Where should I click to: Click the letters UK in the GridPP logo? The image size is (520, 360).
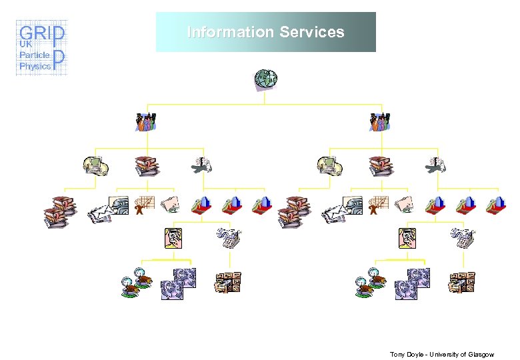(x=26, y=44)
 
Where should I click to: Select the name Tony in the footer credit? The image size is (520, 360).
(x=398, y=354)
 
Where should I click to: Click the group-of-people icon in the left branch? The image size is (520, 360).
(x=146, y=122)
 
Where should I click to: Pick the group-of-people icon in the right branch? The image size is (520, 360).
(x=379, y=122)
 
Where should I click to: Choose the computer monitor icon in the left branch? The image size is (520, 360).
(x=95, y=165)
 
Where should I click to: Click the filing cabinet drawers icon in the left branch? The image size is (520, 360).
(x=227, y=283)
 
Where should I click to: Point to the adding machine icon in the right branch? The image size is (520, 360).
(x=461, y=238)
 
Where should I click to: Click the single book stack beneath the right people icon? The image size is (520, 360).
(x=381, y=165)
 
